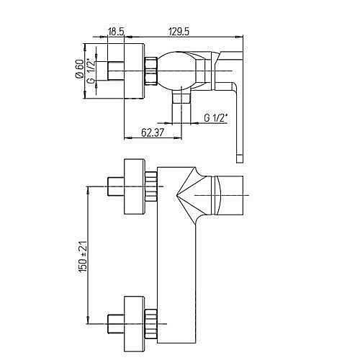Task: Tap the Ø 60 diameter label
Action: pos(78,71)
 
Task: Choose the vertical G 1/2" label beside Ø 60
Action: pos(91,71)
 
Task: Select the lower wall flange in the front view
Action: pos(134,317)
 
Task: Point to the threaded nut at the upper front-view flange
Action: pos(151,187)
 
